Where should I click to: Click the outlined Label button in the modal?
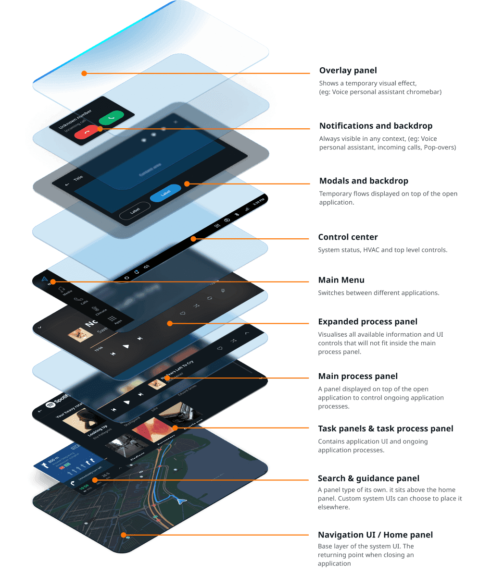135,210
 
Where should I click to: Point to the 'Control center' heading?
348,237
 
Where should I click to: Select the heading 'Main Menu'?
341,280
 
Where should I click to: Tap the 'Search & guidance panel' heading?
368,478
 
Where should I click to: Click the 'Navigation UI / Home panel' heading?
376,535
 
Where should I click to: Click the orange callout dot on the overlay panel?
84,73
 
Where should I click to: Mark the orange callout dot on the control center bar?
193,238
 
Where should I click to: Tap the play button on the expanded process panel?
126,346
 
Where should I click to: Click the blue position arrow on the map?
180,501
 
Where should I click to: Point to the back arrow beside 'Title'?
67,184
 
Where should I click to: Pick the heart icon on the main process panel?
220,348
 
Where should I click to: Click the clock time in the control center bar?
259,200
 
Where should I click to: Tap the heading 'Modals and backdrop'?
364,181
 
